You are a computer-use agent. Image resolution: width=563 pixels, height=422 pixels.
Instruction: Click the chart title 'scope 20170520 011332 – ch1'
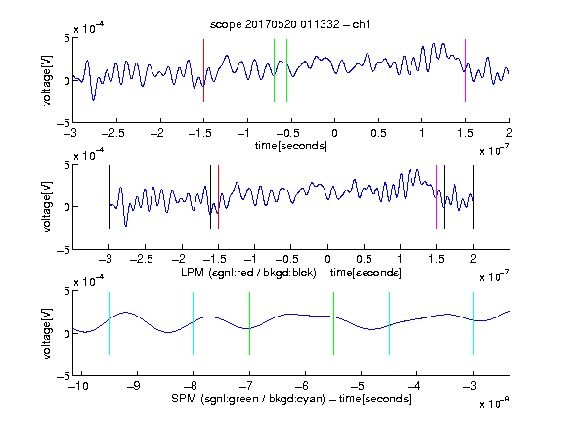(x=290, y=24)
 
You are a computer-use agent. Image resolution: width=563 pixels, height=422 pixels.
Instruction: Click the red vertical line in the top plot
(x=203, y=70)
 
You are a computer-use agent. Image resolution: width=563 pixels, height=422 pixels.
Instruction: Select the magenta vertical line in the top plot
(x=465, y=70)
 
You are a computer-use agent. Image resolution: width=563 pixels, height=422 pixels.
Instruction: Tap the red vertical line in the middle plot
(x=218, y=196)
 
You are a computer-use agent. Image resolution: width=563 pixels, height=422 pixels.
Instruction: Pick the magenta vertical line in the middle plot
(x=436, y=196)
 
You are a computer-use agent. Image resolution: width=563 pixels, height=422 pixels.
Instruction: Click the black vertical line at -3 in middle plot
(x=109, y=196)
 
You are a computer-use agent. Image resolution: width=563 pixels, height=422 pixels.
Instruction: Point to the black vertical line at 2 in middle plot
(x=473, y=196)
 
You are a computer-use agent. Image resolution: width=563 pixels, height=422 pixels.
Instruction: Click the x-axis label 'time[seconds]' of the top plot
(x=291, y=146)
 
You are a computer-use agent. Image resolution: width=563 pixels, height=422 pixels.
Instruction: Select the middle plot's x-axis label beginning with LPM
(x=291, y=273)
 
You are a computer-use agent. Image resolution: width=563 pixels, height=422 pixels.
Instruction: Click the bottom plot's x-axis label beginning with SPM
(x=291, y=399)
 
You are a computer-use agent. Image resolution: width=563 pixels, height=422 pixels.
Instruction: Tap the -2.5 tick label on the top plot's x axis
(x=113, y=133)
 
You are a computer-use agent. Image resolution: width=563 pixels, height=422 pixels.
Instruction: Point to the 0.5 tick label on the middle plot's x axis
(x=364, y=259)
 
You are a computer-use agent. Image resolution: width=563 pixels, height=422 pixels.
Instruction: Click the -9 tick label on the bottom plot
(x=134, y=386)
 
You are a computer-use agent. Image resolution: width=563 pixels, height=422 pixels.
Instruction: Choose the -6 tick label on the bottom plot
(x=302, y=386)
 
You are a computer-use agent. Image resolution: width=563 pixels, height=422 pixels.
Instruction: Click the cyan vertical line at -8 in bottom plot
(x=193, y=323)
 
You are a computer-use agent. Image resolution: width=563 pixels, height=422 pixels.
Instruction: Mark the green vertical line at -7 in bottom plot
(x=249, y=323)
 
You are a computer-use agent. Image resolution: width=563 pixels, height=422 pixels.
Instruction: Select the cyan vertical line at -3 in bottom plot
(x=473, y=323)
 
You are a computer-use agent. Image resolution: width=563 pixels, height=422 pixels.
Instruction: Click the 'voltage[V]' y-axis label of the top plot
(x=47, y=81)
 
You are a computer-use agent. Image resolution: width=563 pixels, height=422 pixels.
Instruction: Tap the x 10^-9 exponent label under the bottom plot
(x=495, y=403)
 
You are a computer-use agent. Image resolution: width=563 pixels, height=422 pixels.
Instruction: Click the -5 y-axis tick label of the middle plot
(x=64, y=250)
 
